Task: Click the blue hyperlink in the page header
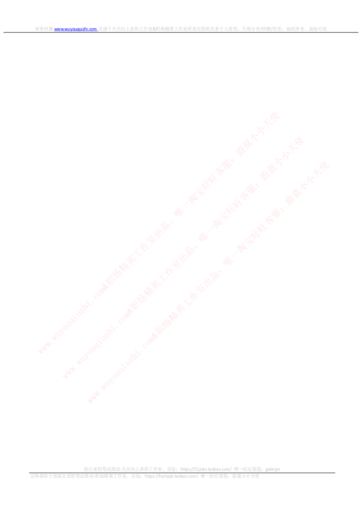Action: tap(76, 29)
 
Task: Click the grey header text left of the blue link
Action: tap(43, 29)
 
